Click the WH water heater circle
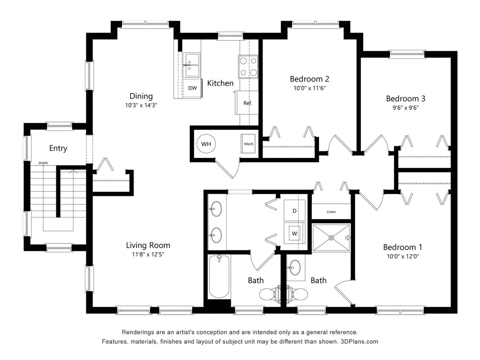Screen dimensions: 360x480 (x=207, y=144)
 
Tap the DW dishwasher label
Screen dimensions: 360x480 (x=192, y=88)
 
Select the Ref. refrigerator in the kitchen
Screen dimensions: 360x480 (x=247, y=103)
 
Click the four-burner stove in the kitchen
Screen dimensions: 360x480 (x=248, y=67)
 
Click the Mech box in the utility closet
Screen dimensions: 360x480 (x=248, y=143)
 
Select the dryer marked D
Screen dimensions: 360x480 (x=294, y=210)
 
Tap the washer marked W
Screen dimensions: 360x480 (x=294, y=233)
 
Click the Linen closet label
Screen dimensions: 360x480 (x=331, y=212)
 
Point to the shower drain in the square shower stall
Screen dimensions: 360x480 (x=332, y=238)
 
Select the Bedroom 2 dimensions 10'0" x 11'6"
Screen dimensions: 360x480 (x=309, y=88)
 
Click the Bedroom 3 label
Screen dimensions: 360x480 (x=405, y=98)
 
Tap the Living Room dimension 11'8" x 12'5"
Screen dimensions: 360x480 (x=148, y=255)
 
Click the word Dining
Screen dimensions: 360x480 (x=141, y=96)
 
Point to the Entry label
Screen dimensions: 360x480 (x=58, y=148)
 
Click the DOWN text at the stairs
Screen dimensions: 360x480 (x=43, y=163)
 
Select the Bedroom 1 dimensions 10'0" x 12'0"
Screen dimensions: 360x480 (x=402, y=256)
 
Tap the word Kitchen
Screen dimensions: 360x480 (x=220, y=83)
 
